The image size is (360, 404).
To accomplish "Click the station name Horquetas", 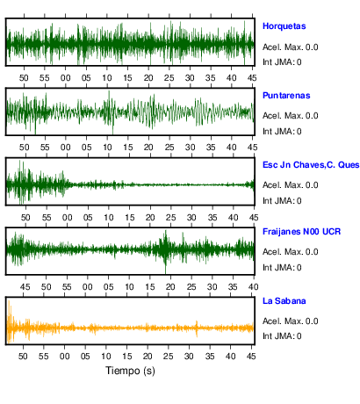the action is (284, 26).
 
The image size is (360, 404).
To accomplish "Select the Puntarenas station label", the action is (286, 96).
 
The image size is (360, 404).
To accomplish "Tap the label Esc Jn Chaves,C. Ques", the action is (311, 165).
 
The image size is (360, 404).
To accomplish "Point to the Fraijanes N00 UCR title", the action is (301, 232).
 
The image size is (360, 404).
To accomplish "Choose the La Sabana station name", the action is (284, 301).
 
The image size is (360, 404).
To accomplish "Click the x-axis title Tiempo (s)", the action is (130, 371).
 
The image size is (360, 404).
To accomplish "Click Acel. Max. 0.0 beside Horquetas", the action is (290, 47).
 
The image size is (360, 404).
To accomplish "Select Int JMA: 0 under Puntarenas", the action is (282, 132).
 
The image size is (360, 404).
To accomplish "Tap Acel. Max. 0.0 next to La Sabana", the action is (290, 321).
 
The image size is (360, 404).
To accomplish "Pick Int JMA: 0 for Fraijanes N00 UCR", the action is (282, 268).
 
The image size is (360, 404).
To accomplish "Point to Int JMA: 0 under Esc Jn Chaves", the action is (282, 201).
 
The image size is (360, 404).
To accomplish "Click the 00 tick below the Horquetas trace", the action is (66, 78).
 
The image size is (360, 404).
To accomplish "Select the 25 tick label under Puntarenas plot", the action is (169, 148).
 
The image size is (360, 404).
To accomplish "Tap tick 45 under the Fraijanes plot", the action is (25, 287).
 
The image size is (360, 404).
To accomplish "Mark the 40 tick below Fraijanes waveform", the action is (253, 287).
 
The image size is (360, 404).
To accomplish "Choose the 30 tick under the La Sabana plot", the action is (189, 357).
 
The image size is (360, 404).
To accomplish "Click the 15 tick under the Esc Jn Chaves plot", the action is (130, 218).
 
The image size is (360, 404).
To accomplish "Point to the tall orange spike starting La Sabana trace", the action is (10, 321).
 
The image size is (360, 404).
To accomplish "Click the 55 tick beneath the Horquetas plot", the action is (45, 78).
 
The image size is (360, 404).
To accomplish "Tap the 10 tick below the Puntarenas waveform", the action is (107, 148).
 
